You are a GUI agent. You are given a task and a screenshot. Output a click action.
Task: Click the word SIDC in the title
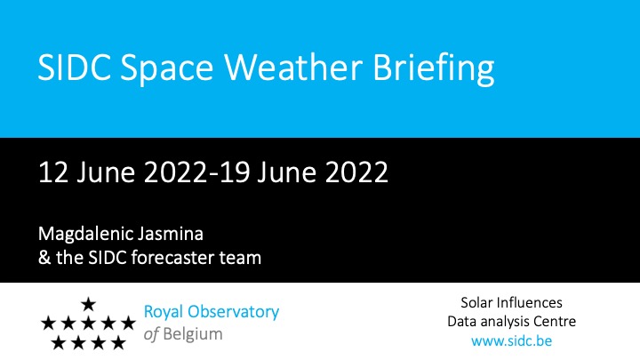coord(75,67)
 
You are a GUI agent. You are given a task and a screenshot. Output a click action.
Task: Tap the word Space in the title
coord(166,69)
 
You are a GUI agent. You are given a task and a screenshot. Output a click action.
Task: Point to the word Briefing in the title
coord(433,68)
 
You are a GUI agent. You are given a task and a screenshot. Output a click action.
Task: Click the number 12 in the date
coord(53,172)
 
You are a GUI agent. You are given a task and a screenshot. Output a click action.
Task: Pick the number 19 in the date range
coord(235,172)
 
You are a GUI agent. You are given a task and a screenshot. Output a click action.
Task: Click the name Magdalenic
coord(85,235)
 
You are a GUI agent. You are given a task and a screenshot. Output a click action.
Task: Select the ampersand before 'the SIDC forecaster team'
coord(44,258)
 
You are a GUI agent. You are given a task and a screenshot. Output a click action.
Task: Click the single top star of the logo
coord(88,304)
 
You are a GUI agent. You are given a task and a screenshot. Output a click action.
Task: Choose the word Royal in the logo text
coord(164,313)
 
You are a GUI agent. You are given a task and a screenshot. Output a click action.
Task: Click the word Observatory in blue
coord(234,312)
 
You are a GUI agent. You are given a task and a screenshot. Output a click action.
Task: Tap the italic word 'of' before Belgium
coord(151,334)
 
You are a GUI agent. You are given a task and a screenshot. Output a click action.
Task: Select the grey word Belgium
coord(193,335)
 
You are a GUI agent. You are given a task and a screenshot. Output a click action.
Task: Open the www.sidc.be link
coord(511,340)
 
